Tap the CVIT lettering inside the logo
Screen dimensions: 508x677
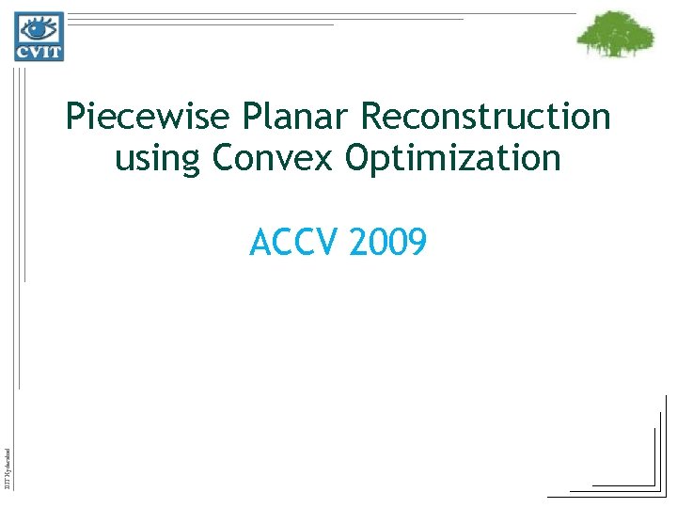click(x=39, y=50)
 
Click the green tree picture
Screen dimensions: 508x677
click(x=615, y=35)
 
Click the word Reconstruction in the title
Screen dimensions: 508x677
click(x=486, y=118)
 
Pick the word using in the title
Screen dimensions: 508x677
click(x=158, y=159)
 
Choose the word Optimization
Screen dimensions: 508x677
click(x=453, y=158)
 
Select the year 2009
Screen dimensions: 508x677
click(x=387, y=244)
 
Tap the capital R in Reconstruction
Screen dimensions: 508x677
click(x=370, y=118)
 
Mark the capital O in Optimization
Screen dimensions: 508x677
click(x=357, y=157)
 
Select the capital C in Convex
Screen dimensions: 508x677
click(x=224, y=157)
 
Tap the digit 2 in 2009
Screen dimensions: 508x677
click(x=357, y=244)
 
